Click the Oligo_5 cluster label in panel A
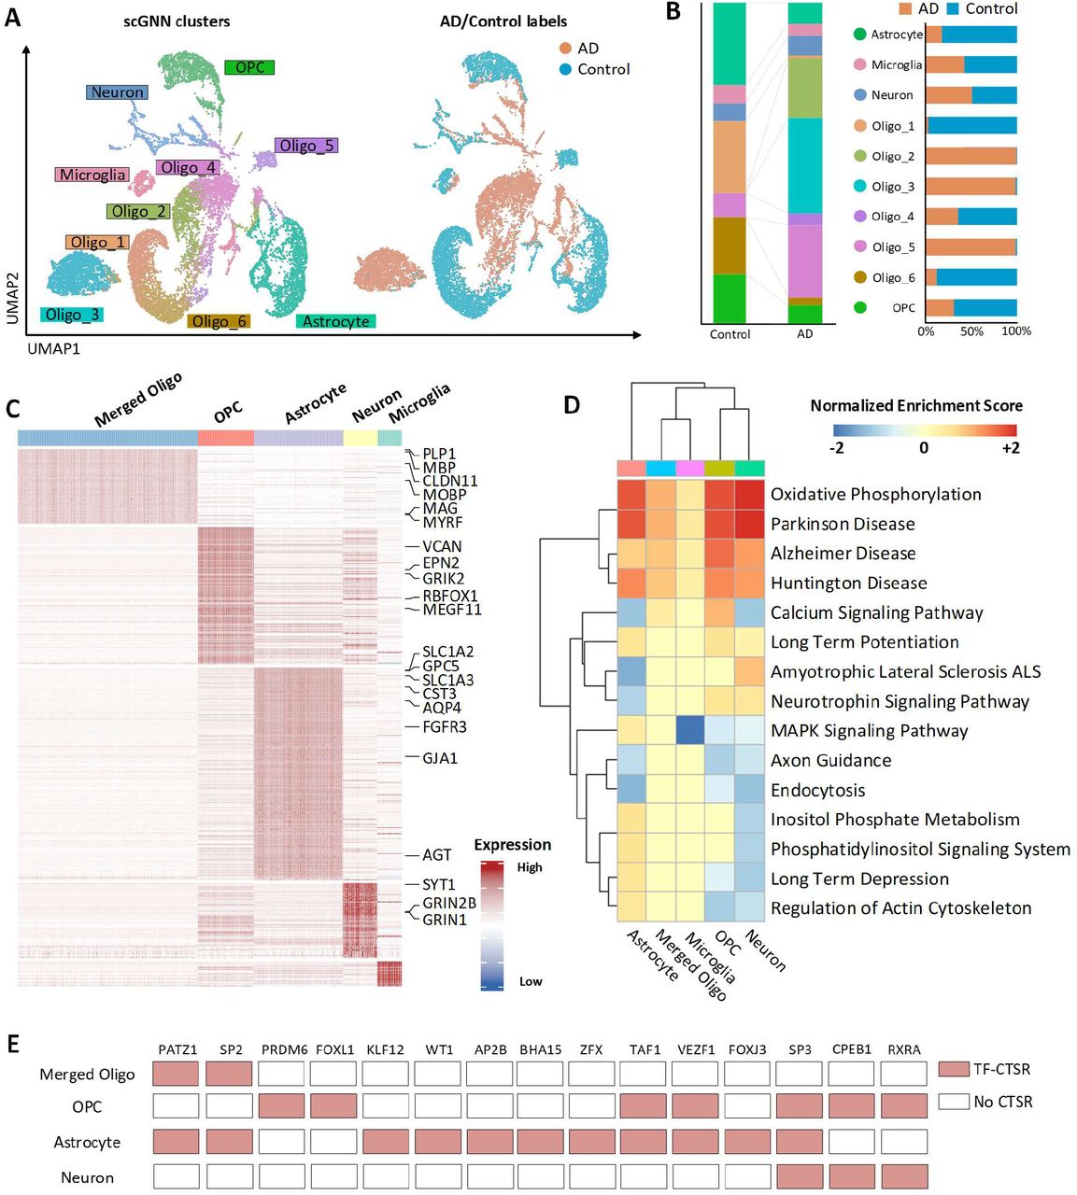(305, 146)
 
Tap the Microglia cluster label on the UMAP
(92, 175)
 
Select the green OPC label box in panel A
(249, 67)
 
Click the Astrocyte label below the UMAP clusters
(336, 321)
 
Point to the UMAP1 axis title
(53, 348)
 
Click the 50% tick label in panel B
(971, 331)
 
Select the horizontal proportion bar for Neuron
(971, 95)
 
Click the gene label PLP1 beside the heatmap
(439, 455)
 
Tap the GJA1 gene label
(440, 758)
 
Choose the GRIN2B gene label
(449, 903)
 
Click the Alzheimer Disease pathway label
(843, 554)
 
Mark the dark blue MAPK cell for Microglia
(690, 730)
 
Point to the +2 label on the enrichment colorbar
(1010, 448)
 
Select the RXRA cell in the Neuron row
(903, 1176)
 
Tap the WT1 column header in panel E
(439, 1049)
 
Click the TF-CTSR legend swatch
(954, 1069)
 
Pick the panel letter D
(572, 404)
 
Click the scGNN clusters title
(177, 21)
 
